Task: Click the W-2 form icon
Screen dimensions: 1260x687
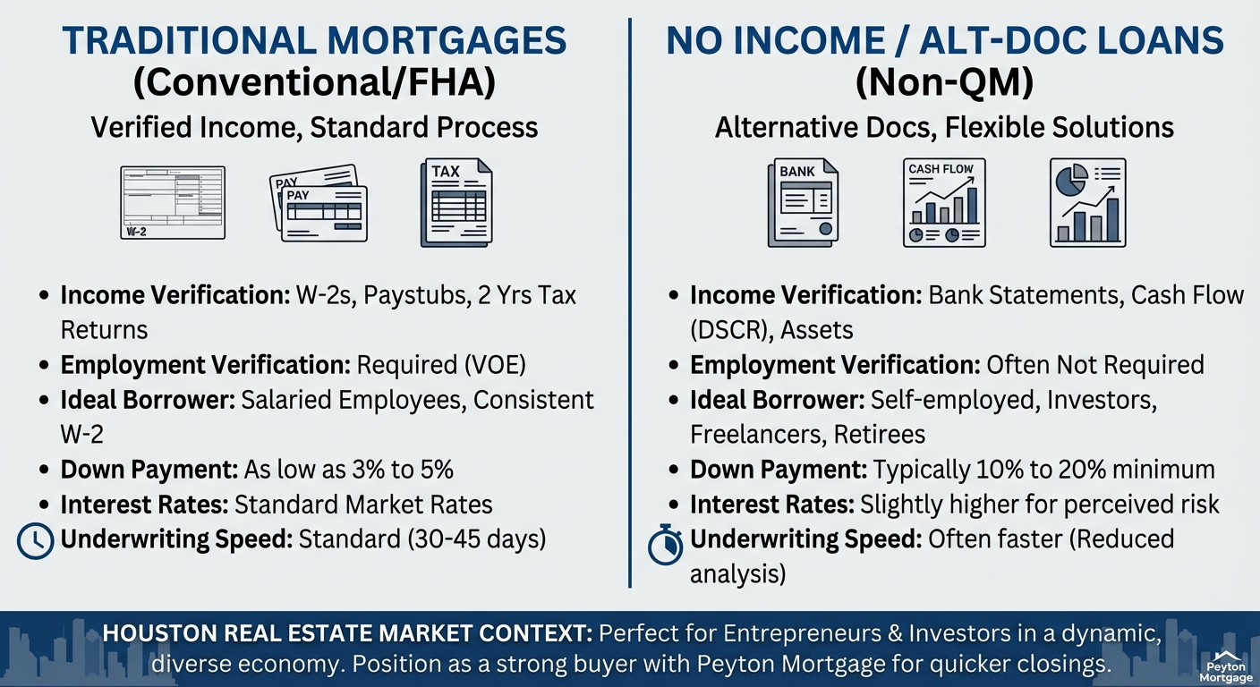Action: coord(173,202)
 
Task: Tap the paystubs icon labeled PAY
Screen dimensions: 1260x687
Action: coord(319,203)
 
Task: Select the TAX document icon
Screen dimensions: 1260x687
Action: coord(456,202)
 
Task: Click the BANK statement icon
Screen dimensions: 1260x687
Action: coord(804,202)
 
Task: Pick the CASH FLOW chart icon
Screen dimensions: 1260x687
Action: coord(944,202)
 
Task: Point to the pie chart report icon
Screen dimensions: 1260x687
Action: coord(1088,202)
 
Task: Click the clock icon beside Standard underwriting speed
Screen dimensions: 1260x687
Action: coord(36,541)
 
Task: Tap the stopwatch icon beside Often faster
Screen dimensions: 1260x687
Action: coord(666,544)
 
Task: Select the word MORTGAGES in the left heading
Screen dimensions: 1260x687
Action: coord(447,40)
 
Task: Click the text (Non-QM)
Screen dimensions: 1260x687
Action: coord(944,82)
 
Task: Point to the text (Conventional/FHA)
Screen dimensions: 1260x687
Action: coord(314,82)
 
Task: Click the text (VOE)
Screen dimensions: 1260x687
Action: coord(496,365)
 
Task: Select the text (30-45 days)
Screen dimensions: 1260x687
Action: coord(477,539)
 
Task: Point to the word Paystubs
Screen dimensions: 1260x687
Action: coord(416,296)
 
